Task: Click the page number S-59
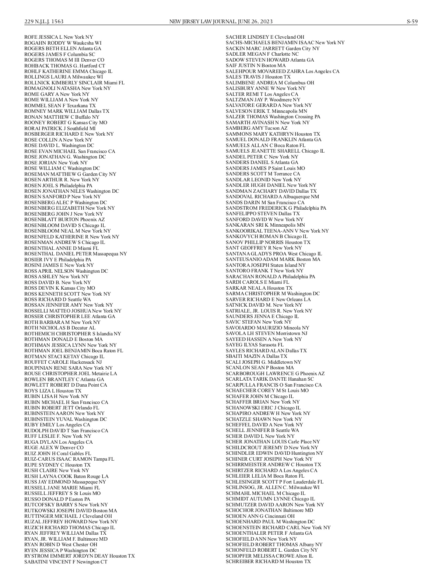pos(412,21)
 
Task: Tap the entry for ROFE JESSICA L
pos(59,37)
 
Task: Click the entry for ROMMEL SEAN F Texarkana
pos(60,105)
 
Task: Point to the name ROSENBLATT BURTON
pos(64,220)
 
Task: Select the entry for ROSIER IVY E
pos(57,259)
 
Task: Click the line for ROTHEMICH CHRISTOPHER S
pos(73,334)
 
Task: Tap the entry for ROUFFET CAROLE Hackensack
pos(63,362)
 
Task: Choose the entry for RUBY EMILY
pos(57,425)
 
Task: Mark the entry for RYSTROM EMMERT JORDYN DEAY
pos(80,556)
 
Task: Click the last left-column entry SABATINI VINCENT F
pos(66,562)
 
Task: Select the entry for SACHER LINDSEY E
pos(265,37)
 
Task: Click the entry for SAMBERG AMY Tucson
pos(256,128)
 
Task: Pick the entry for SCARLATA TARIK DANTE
pos(270,379)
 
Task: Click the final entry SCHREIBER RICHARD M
pos(268,562)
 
